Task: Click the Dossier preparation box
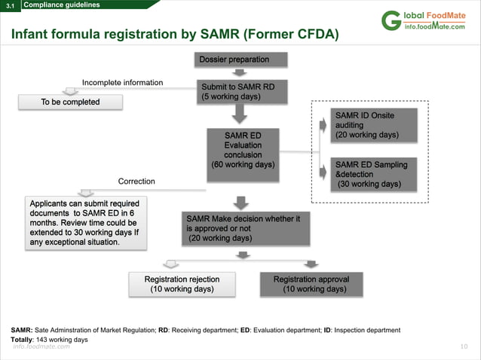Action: [x=234, y=59]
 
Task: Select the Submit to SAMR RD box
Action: [x=237, y=91]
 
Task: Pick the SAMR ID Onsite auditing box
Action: [x=368, y=125]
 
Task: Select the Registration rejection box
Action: [x=182, y=284]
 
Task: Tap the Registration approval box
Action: [x=311, y=284]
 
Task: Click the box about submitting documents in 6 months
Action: [x=84, y=223]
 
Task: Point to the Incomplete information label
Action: [x=122, y=82]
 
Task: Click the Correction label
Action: [x=136, y=182]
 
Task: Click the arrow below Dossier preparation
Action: [x=238, y=73]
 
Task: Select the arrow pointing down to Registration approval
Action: [x=310, y=264]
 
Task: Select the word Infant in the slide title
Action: [x=33, y=35]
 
